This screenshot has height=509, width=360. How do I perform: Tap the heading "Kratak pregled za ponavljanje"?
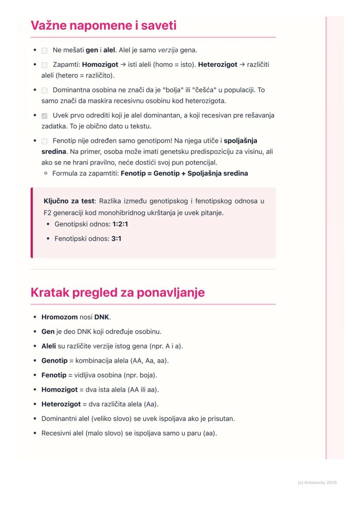117,293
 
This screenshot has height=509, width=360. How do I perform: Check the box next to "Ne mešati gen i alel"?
44,50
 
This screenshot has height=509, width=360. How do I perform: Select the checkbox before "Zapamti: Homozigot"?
44,65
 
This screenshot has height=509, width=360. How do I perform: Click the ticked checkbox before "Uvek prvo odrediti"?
44,116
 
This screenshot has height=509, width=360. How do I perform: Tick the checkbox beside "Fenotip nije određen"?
44,141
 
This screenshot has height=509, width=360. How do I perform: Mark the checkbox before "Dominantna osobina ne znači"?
44,90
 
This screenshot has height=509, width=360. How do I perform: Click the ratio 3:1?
117,239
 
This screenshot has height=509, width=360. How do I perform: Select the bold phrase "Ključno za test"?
69,201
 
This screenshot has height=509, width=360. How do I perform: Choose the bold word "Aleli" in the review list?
49,346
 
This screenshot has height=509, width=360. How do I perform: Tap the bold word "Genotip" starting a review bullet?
54,361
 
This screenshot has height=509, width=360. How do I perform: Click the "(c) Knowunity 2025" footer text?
317,482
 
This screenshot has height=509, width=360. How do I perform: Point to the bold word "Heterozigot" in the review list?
61,404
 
